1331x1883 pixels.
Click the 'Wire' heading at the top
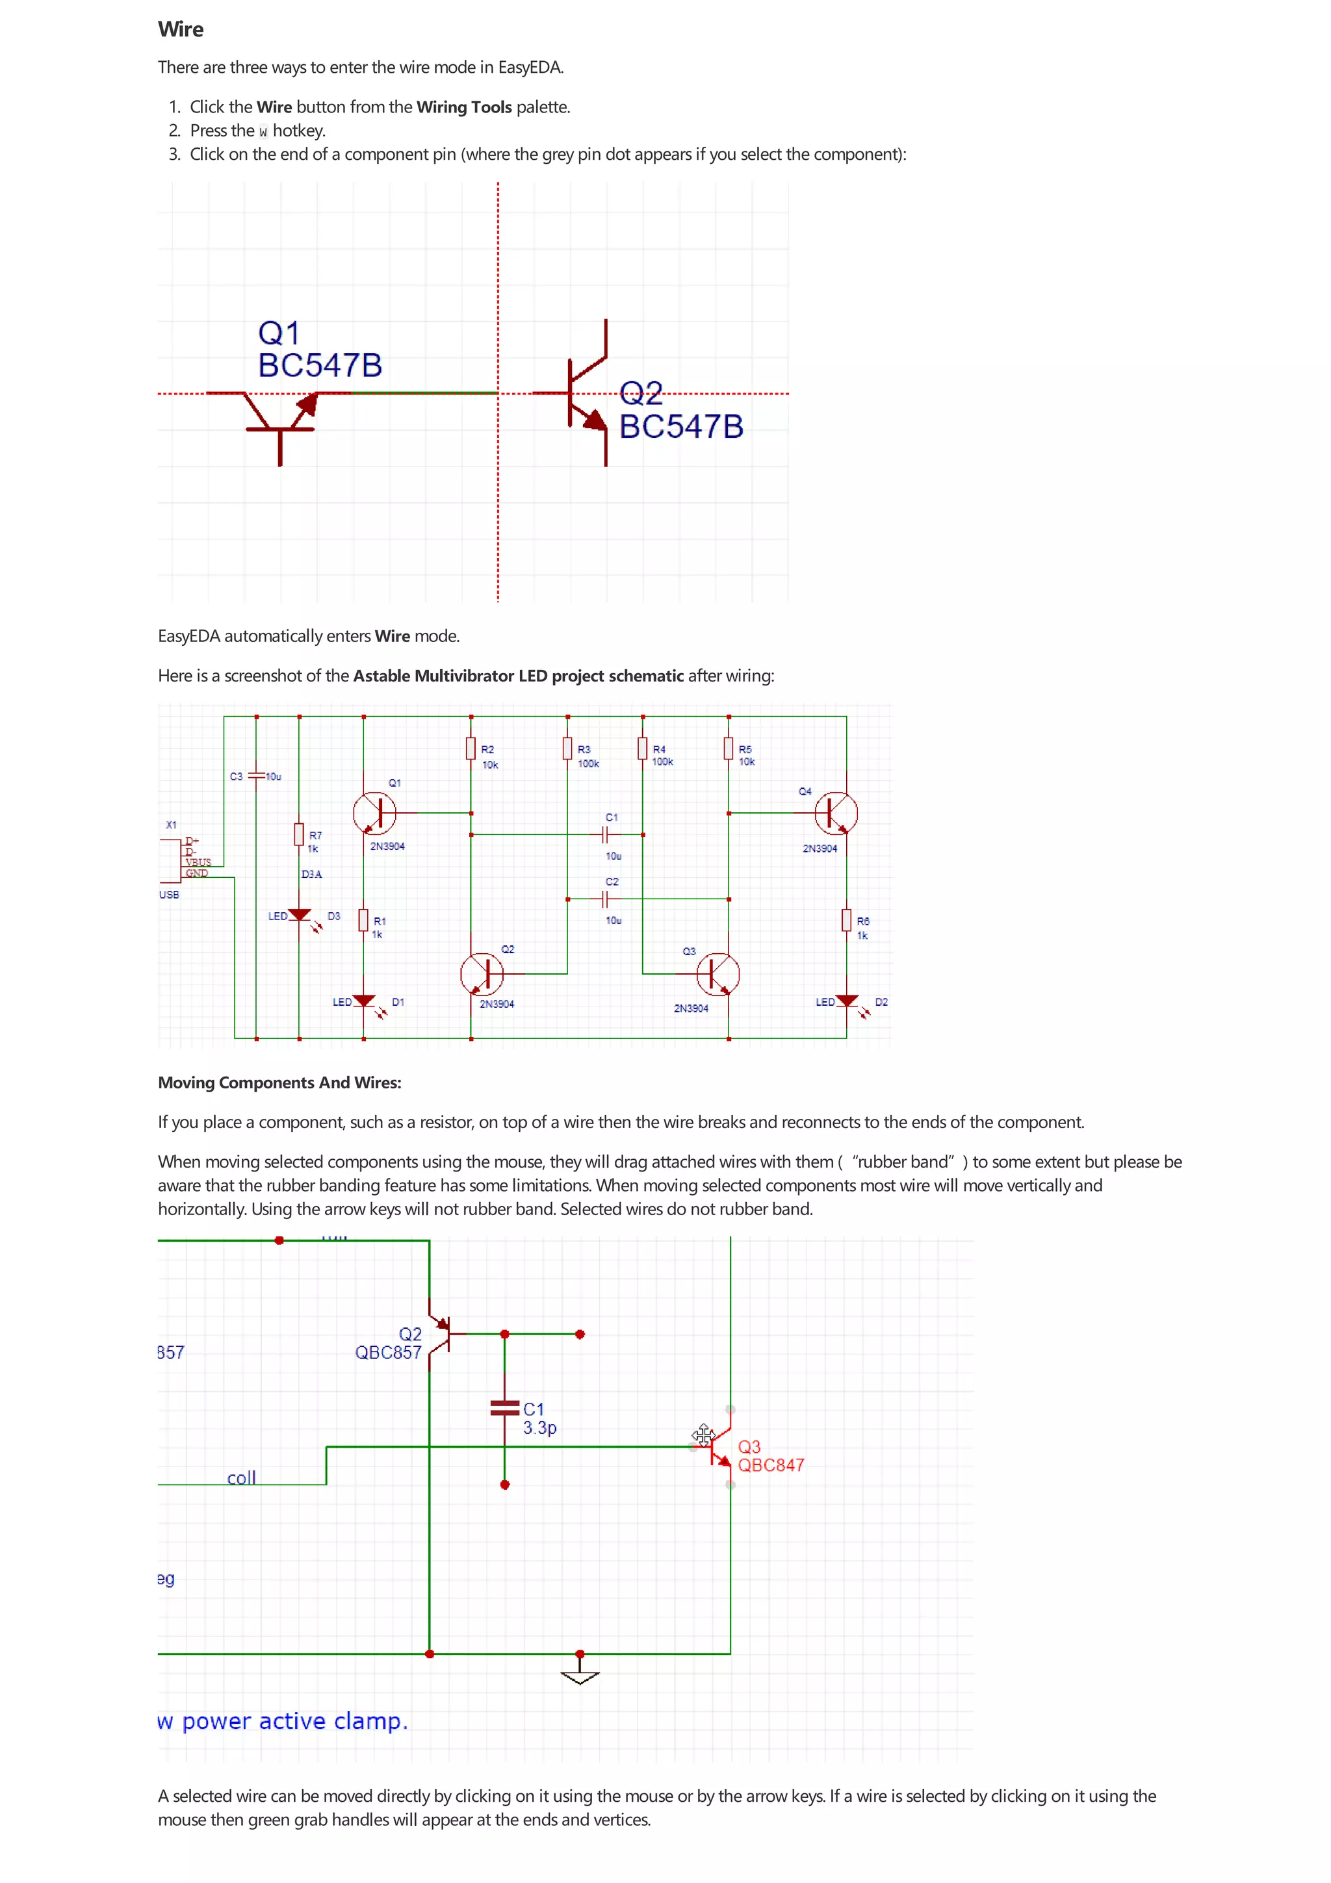181,29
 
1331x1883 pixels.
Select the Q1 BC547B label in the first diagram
319,350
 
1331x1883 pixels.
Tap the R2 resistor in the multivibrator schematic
471,748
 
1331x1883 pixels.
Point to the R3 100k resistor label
587,756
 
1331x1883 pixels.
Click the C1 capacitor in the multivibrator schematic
605,835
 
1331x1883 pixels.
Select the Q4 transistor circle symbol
836,813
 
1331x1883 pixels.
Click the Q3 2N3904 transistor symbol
717,973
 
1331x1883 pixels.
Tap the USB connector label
169,895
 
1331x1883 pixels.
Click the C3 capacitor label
236,776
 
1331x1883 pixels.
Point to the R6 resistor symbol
846,920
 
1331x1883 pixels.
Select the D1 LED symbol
364,1002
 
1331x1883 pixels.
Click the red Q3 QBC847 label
770,1455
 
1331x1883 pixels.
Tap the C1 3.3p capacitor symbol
504,1408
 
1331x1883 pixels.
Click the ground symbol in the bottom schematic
580,1676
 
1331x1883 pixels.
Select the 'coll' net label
241,1478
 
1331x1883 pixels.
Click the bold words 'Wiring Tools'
463,107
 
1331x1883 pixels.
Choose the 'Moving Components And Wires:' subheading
279,1082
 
